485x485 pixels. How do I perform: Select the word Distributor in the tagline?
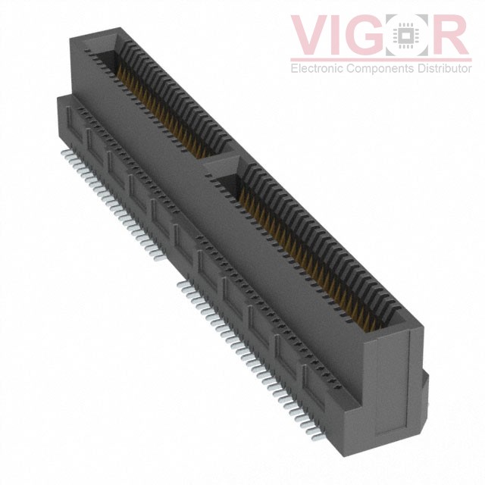[440, 69]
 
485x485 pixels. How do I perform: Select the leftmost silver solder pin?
[65, 154]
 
